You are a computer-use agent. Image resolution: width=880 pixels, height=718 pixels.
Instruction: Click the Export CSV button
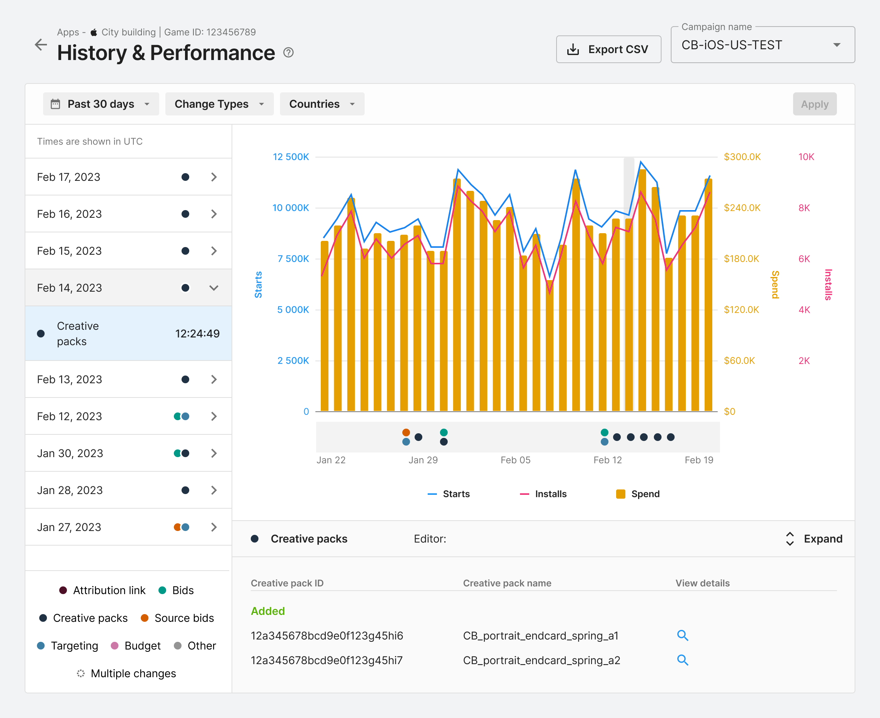[608, 49]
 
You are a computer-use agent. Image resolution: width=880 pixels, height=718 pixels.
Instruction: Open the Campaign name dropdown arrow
[837, 45]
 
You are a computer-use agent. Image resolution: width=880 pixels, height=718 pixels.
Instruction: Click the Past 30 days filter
[101, 104]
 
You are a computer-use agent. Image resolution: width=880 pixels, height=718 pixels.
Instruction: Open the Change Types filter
[219, 104]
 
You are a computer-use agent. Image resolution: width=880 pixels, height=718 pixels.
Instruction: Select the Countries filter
[322, 104]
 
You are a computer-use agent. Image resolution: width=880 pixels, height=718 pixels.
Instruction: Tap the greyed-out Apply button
[815, 104]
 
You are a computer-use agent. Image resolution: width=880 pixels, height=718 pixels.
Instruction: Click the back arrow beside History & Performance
[41, 45]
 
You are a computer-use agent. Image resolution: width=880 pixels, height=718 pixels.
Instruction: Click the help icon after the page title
[288, 53]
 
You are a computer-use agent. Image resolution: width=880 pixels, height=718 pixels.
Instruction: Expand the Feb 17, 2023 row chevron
[214, 177]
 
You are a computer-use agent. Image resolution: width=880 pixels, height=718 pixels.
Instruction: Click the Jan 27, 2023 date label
[69, 527]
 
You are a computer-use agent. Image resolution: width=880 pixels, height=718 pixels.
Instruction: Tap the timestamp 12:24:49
[197, 333]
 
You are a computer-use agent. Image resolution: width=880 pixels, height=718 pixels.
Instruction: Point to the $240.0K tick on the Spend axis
[742, 208]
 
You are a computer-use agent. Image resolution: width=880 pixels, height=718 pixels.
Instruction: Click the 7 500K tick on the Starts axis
[293, 259]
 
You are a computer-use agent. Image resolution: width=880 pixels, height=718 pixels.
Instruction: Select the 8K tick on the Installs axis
[804, 208]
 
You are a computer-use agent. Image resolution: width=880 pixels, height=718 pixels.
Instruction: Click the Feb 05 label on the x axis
[515, 460]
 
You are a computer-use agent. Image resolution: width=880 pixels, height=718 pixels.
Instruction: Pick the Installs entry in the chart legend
[543, 494]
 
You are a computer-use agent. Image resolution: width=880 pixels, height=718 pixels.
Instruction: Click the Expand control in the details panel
[813, 539]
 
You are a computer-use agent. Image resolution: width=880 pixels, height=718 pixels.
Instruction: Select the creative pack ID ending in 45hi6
[327, 636]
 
